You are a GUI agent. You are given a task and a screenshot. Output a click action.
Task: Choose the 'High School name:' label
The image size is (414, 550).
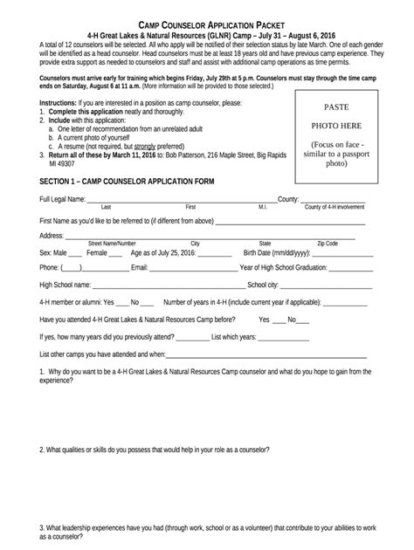[66, 285]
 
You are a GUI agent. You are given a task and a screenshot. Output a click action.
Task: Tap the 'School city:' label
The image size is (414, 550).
[263, 285]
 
